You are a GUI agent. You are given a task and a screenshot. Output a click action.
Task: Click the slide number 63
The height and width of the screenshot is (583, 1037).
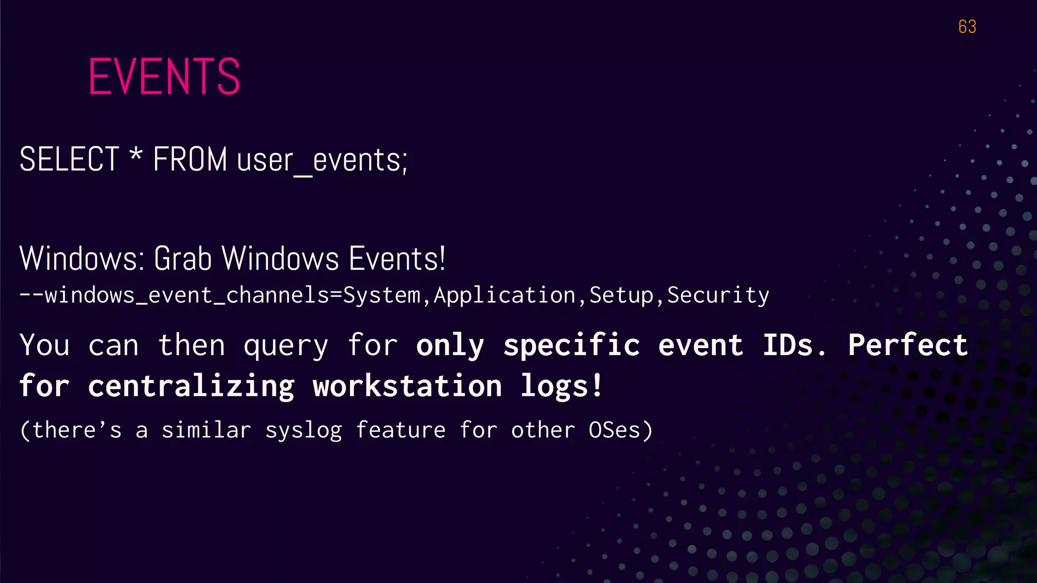tap(967, 27)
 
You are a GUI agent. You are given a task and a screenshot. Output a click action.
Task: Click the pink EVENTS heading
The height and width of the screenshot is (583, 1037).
tap(164, 76)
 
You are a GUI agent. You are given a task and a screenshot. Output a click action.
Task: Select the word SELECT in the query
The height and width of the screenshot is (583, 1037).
tap(69, 159)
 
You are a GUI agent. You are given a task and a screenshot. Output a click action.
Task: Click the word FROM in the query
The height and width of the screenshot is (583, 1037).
tap(190, 159)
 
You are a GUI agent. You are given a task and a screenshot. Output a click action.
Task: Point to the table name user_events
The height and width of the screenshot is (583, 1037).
tap(322, 161)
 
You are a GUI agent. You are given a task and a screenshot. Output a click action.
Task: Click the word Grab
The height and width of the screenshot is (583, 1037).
tap(182, 259)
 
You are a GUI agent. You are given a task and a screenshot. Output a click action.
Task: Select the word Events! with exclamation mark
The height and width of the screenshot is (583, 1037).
tap(397, 259)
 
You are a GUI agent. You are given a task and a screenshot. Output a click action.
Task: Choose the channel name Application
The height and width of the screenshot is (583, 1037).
tap(505, 296)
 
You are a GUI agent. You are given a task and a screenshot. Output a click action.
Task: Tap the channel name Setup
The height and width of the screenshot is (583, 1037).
tap(621, 296)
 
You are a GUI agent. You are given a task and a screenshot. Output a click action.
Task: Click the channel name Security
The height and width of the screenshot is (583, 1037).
tap(718, 296)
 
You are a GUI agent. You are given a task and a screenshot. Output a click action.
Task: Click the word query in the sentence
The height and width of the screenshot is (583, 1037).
tap(286, 346)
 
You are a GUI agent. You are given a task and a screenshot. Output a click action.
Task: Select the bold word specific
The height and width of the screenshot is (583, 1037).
tap(572, 346)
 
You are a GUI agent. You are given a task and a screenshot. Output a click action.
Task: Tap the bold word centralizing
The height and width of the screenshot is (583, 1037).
tap(191, 387)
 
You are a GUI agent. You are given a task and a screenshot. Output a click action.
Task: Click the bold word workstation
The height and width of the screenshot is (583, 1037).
tap(407, 387)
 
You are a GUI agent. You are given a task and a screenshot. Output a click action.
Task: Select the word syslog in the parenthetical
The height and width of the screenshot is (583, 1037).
tap(304, 431)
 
